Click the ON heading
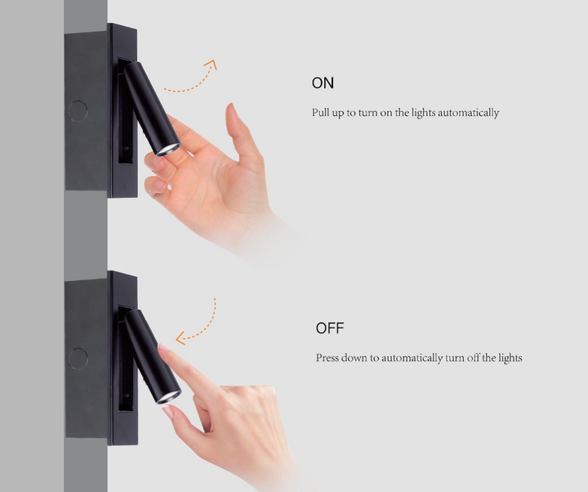point(323,83)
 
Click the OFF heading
point(330,329)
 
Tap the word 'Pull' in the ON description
point(320,113)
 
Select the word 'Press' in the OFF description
point(328,358)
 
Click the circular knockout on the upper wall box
point(78,110)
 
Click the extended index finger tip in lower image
point(164,350)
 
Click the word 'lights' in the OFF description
point(508,358)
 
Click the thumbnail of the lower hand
point(168,413)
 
